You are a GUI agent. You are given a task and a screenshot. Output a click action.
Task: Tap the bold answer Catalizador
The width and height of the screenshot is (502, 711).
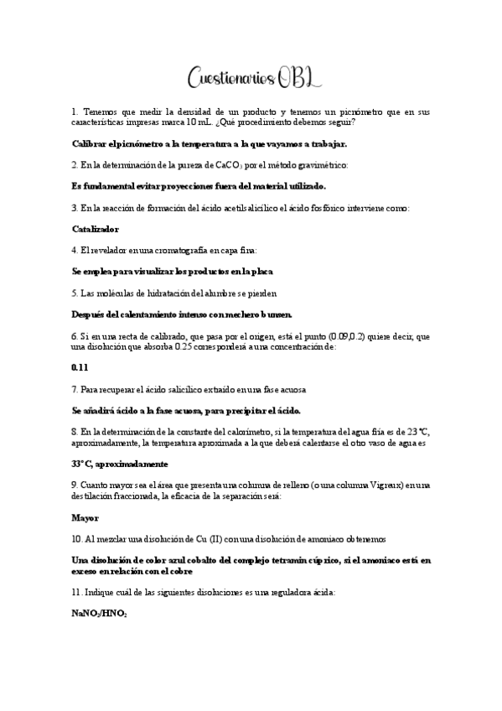pyautogui.click(x=96, y=228)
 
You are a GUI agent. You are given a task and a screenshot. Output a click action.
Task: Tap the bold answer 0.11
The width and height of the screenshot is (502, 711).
pyautogui.click(x=80, y=367)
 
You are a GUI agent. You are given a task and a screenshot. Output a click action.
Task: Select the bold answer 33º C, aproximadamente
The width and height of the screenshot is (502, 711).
pyautogui.click(x=120, y=464)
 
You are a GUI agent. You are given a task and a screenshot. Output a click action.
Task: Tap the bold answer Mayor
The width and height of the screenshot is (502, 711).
pyautogui.click(x=85, y=517)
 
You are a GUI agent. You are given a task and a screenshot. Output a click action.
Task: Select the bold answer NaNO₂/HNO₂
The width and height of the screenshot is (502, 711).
pyautogui.click(x=100, y=614)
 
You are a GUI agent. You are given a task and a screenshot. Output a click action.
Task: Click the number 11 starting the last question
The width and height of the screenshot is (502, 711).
pyautogui.click(x=77, y=592)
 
